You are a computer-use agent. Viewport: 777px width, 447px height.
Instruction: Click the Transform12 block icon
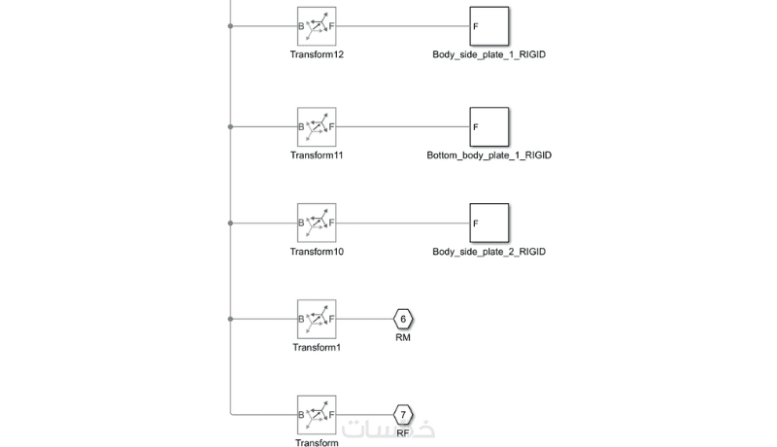[x=317, y=27]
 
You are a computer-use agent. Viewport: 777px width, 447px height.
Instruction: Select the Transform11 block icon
[x=317, y=126]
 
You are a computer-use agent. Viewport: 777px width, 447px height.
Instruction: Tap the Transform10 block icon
[x=317, y=223]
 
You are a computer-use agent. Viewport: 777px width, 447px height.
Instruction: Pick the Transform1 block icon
[x=317, y=318]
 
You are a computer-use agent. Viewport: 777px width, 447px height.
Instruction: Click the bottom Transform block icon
[x=317, y=415]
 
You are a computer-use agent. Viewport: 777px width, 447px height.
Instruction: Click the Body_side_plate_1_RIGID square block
[x=490, y=27]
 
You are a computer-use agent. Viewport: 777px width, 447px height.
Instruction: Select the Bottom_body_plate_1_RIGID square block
[x=490, y=126]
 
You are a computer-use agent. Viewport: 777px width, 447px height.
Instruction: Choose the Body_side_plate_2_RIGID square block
[x=490, y=223]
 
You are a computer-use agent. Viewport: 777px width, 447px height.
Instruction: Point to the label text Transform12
[x=317, y=54]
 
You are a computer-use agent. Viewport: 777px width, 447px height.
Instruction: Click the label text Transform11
[x=317, y=155]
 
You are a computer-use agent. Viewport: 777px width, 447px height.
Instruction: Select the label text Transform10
[x=317, y=252]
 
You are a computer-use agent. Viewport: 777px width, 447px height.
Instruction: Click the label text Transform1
[x=317, y=347]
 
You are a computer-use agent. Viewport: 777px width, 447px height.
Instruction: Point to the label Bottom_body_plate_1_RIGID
[x=490, y=155]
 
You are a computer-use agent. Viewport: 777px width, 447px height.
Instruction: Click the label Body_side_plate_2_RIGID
[x=490, y=252]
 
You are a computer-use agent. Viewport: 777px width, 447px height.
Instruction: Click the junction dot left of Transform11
[x=230, y=126]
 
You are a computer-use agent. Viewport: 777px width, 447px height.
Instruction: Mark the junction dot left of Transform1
[x=230, y=318]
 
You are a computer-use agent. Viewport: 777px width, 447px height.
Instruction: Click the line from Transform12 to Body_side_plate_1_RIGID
[x=403, y=27]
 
